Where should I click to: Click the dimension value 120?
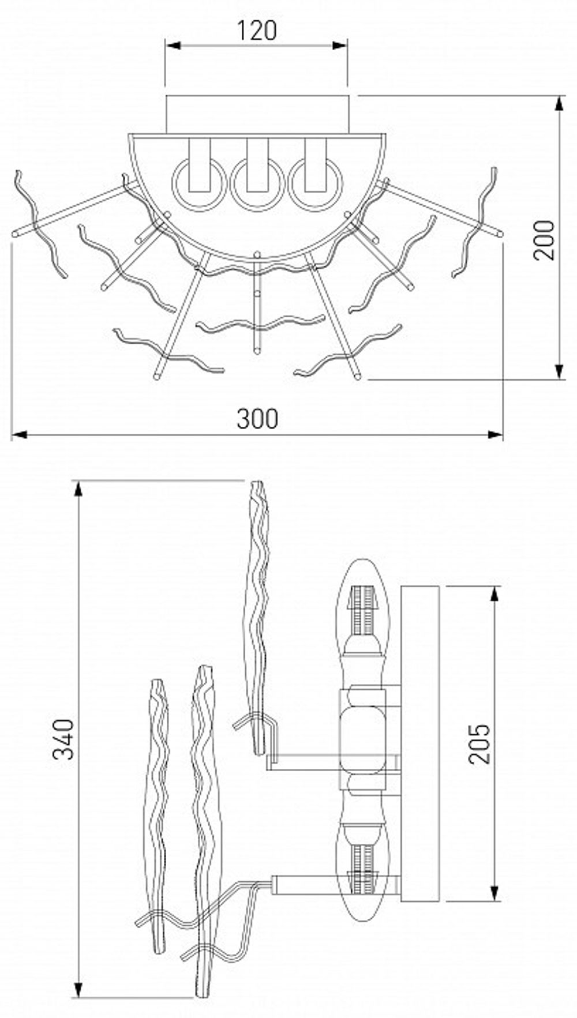click(257, 31)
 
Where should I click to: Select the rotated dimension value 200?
click(544, 241)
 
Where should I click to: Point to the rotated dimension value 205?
click(479, 743)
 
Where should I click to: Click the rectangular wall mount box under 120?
click(257, 114)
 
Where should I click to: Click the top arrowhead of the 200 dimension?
click(559, 104)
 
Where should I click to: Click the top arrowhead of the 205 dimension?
click(495, 594)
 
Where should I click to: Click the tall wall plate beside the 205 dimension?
click(420, 744)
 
